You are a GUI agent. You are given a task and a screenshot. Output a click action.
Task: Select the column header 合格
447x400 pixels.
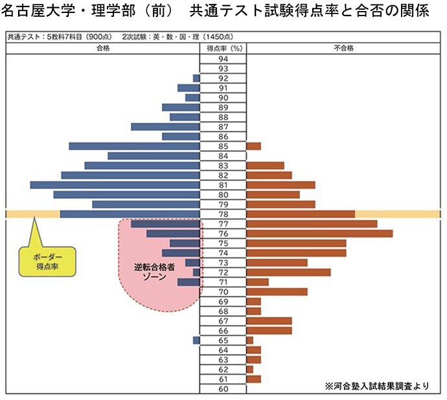coord(102,48)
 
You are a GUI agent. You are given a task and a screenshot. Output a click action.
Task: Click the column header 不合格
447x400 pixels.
coord(343,48)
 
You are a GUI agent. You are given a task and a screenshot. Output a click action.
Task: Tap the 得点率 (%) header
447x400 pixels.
coord(223,48)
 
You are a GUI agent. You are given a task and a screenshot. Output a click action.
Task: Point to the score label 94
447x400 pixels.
coord(223,58)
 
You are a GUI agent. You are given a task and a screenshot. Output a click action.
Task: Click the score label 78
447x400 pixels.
coord(223,214)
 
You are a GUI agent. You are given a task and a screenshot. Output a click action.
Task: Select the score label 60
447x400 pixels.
coord(223,389)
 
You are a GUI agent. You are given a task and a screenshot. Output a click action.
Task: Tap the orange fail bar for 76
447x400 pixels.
coord(319,234)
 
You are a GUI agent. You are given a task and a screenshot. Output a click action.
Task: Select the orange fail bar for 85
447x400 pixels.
coord(253,146)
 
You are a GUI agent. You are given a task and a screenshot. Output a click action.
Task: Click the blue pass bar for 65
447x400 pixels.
coord(196,340)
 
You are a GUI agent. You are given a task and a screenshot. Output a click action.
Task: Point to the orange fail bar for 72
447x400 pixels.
coord(288,272)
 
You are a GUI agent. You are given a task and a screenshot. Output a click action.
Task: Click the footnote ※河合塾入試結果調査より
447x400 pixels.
coord(377,386)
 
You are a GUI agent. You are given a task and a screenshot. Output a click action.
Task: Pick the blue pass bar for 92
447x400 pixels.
coord(196,78)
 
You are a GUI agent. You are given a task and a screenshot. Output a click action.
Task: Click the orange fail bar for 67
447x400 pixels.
coord(269,321)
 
